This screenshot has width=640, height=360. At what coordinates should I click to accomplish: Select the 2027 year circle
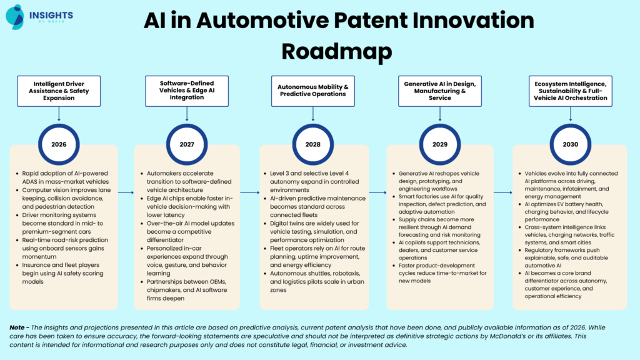click(187, 144)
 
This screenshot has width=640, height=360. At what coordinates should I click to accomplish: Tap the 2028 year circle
click(312, 144)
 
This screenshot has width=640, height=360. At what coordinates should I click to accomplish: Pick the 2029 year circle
click(439, 144)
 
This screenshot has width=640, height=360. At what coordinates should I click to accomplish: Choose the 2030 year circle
click(569, 144)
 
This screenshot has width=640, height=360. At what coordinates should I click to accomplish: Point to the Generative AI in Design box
click(439, 91)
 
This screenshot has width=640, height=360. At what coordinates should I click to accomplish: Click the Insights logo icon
click(14, 16)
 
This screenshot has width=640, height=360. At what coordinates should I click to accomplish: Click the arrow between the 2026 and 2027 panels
click(126, 192)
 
